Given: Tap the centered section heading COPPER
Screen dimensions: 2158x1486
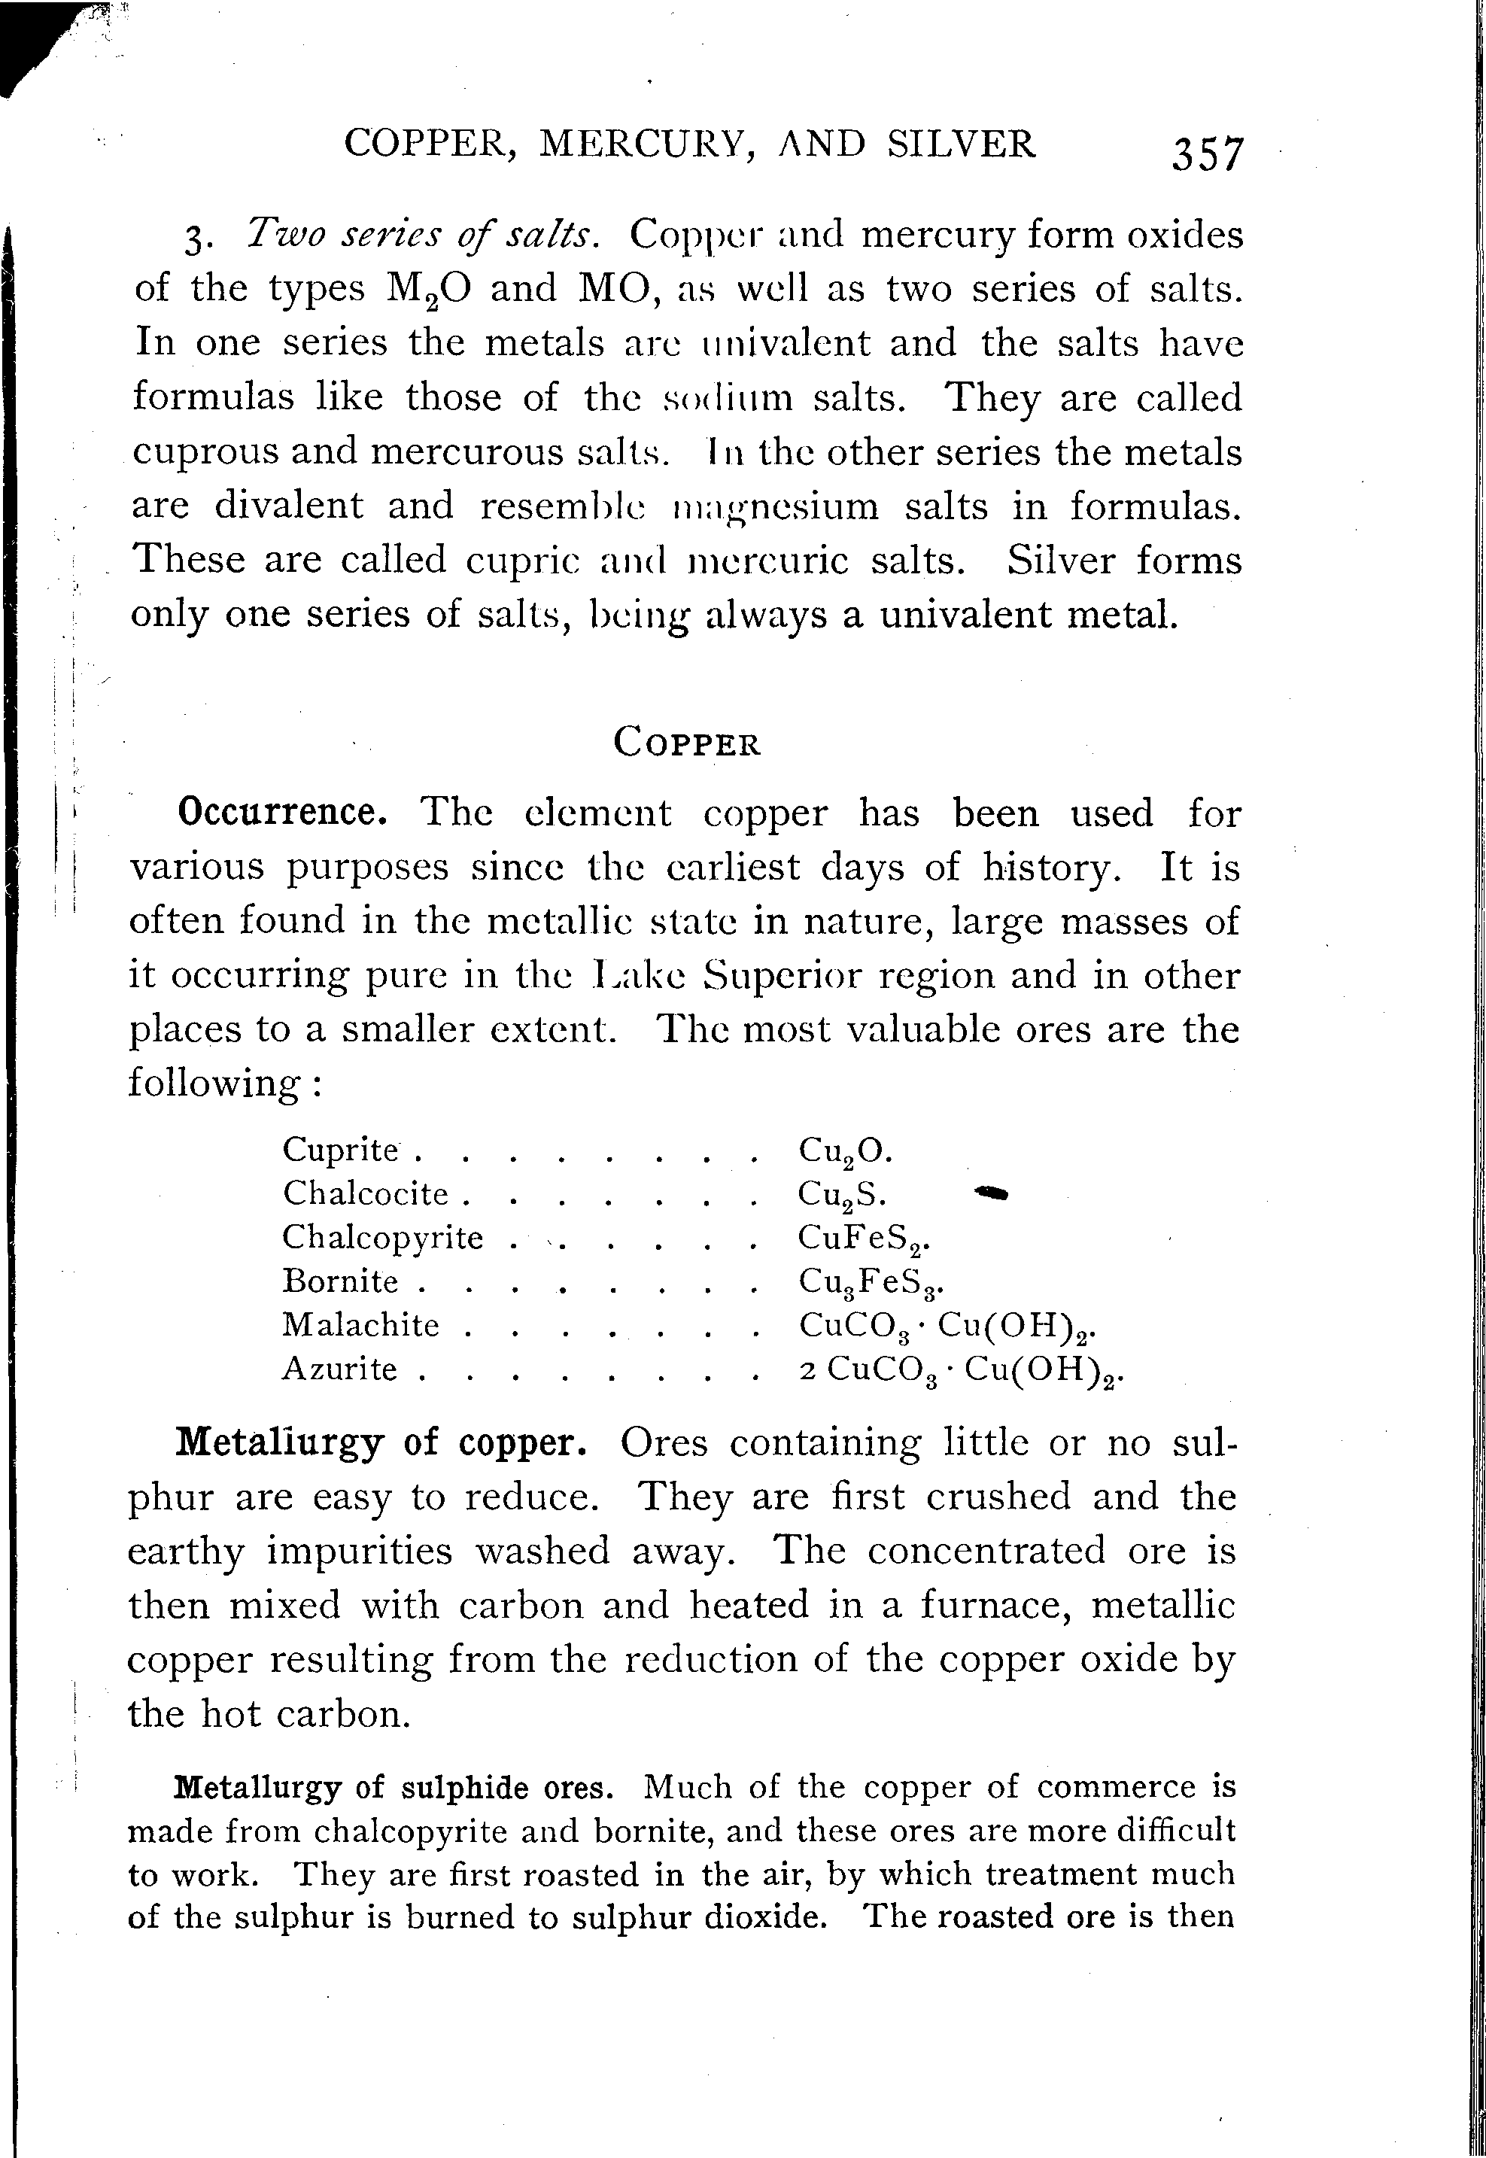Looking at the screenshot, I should click(x=687, y=743).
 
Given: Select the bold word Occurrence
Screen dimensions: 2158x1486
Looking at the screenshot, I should click(x=282, y=813).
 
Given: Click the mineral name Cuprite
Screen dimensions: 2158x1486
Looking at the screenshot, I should click(x=341, y=1150).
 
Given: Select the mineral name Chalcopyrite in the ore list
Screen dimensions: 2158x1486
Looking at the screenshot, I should click(x=383, y=1237).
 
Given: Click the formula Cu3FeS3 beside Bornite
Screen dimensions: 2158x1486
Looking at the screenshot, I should click(x=883, y=1283).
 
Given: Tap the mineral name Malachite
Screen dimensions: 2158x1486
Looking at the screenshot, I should click(x=360, y=1325).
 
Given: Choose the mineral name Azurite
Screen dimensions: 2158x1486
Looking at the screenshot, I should click(x=340, y=1369).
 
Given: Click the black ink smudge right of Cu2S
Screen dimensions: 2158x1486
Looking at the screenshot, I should click(x=991, y=1193).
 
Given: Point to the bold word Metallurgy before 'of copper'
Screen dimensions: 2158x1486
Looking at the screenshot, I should click(x=279, y=1442).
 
